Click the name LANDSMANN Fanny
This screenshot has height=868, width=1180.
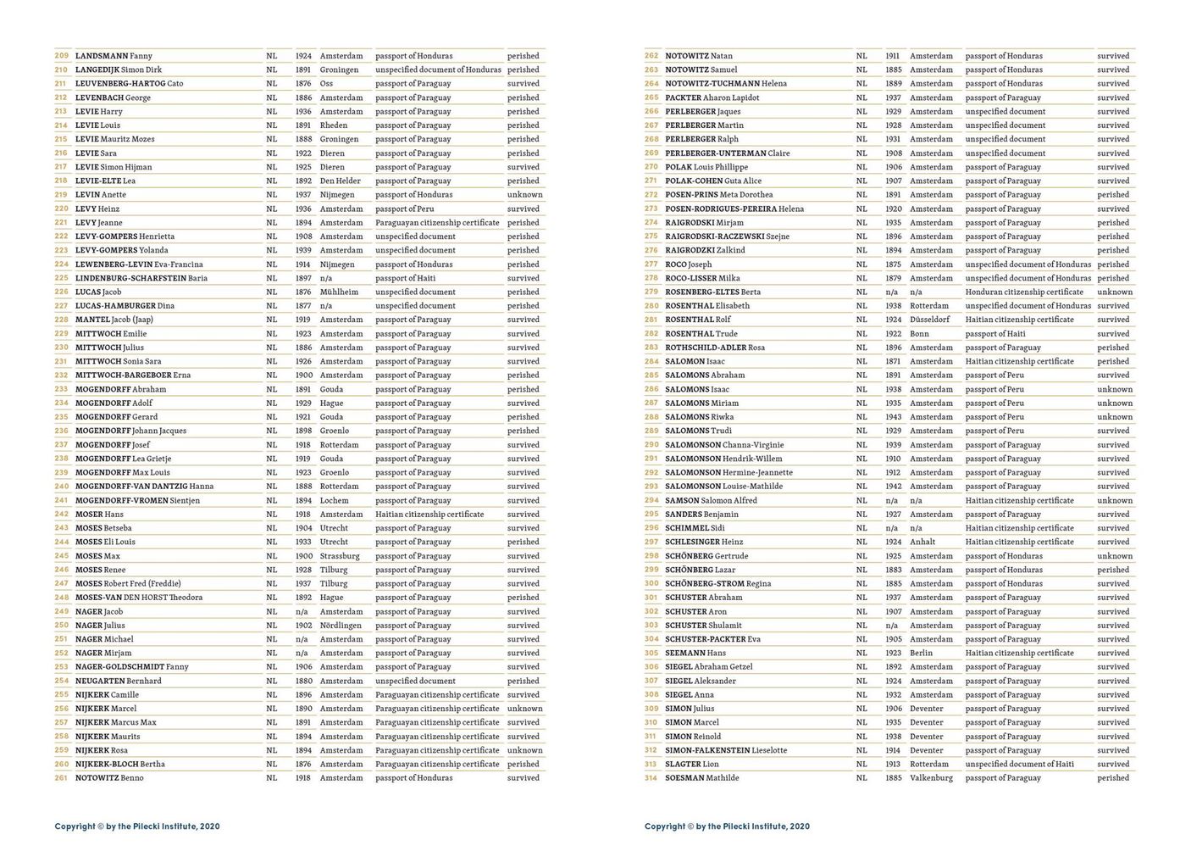[x=114, y=56]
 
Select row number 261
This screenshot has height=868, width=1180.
[x=61, y=778]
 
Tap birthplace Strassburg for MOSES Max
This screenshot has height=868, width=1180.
[x=340, y=556]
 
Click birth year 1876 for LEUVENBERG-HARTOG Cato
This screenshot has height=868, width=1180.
[x=303, y=84]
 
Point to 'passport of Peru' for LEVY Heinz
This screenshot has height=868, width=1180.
[x=405, y=209]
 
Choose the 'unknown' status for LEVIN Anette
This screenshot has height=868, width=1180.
[x=525, y=195]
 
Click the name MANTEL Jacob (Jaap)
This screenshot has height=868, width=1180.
[x=114, y=320]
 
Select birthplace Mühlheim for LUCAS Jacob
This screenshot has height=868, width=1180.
[x=339, y=292]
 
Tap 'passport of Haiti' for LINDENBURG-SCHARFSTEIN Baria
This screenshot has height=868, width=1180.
[x=405, y=278]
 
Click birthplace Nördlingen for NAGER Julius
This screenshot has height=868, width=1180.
[x=341, y=626]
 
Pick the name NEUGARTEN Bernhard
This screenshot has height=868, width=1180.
[x=118, y=681]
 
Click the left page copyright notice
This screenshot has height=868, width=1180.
[x=137, y=826]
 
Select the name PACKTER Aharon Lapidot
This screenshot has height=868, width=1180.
[x=712, y=97]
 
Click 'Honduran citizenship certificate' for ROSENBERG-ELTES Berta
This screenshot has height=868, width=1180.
[x=1024, y=292]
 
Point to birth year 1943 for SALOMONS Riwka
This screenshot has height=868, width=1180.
[x=894, y=417]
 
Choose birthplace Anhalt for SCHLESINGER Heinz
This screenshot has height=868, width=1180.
[x=922, y=542]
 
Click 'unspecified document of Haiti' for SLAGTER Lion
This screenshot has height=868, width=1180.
[x=1019, y=765]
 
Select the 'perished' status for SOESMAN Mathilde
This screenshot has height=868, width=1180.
[x=1113, y=778]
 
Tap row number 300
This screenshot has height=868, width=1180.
[x=651, y=584]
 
